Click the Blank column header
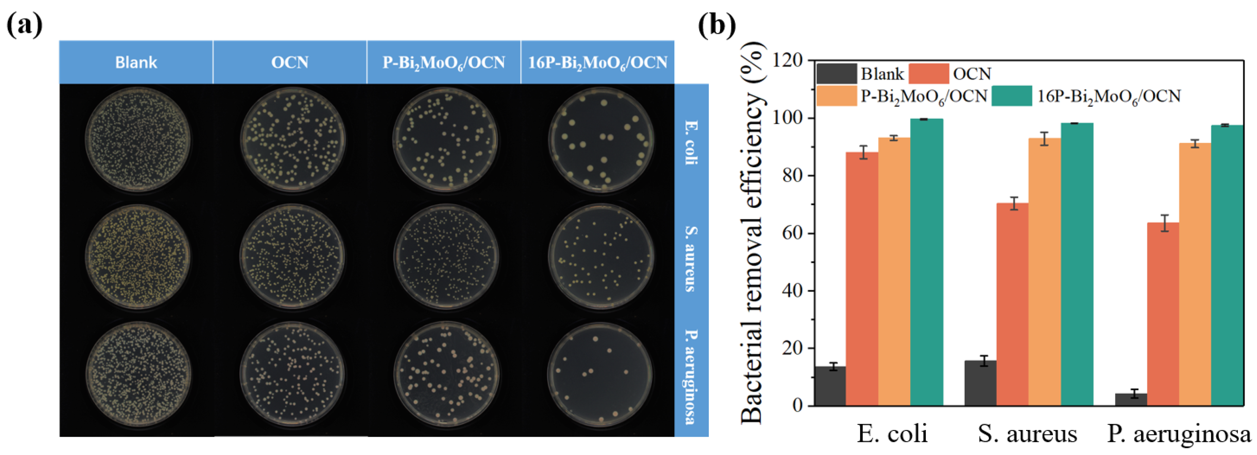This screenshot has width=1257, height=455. pos(136,62)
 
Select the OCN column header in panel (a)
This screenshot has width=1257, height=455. pos(290,62)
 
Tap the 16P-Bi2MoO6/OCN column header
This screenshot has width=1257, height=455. pos(598,62)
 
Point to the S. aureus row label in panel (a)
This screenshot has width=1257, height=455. pos(691,259)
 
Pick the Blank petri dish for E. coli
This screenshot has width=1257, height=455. pos(138,139)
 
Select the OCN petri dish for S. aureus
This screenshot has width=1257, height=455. pos(292,257)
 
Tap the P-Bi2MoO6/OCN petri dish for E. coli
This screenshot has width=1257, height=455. pos(445,139)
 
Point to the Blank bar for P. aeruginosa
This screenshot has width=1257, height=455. pos(1131,399)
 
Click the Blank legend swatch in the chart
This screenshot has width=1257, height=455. pos(836,74)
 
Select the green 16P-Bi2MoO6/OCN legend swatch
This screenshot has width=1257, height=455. pos(1012,96)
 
